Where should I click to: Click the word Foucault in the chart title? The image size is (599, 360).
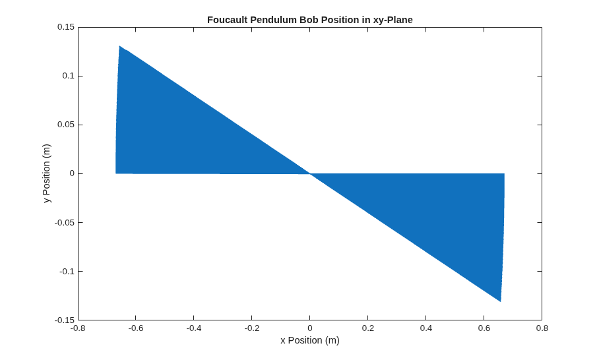click(x=228, y=20)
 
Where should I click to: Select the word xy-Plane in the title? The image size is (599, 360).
click(x=393, y=20)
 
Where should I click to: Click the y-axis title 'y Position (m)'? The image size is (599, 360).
click(x=47, y=173)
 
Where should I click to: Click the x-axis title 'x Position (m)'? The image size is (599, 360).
click(x=310, y=340)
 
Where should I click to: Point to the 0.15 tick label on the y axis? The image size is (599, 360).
click(x=65, y=27)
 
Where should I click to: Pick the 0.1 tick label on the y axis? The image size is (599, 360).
click(x=68, y=76)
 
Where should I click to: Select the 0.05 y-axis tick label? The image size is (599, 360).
click(x=65, y=125)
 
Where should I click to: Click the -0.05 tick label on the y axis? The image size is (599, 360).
click(x=64, y=222)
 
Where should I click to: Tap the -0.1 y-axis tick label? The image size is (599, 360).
click(x=67, y=271)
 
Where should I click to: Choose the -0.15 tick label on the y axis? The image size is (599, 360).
click(x=64, y=320)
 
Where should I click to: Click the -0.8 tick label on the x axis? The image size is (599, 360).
click(x=78, y=328)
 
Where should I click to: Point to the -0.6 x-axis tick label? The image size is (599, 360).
click(x=136, y=328)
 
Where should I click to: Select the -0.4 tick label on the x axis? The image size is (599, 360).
click(x=194, y=328)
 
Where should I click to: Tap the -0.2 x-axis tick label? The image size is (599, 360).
click(x=252, y=328)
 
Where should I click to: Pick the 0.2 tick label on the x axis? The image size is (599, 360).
click(x=368, y=328)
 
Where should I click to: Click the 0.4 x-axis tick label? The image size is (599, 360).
click(x=426, y=328)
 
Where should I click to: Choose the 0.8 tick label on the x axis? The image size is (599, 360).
click(x=542, y=328)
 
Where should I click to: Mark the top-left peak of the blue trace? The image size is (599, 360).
click(x=119, y=46)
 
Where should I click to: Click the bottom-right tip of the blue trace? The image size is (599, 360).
click(x=501, y=301)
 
